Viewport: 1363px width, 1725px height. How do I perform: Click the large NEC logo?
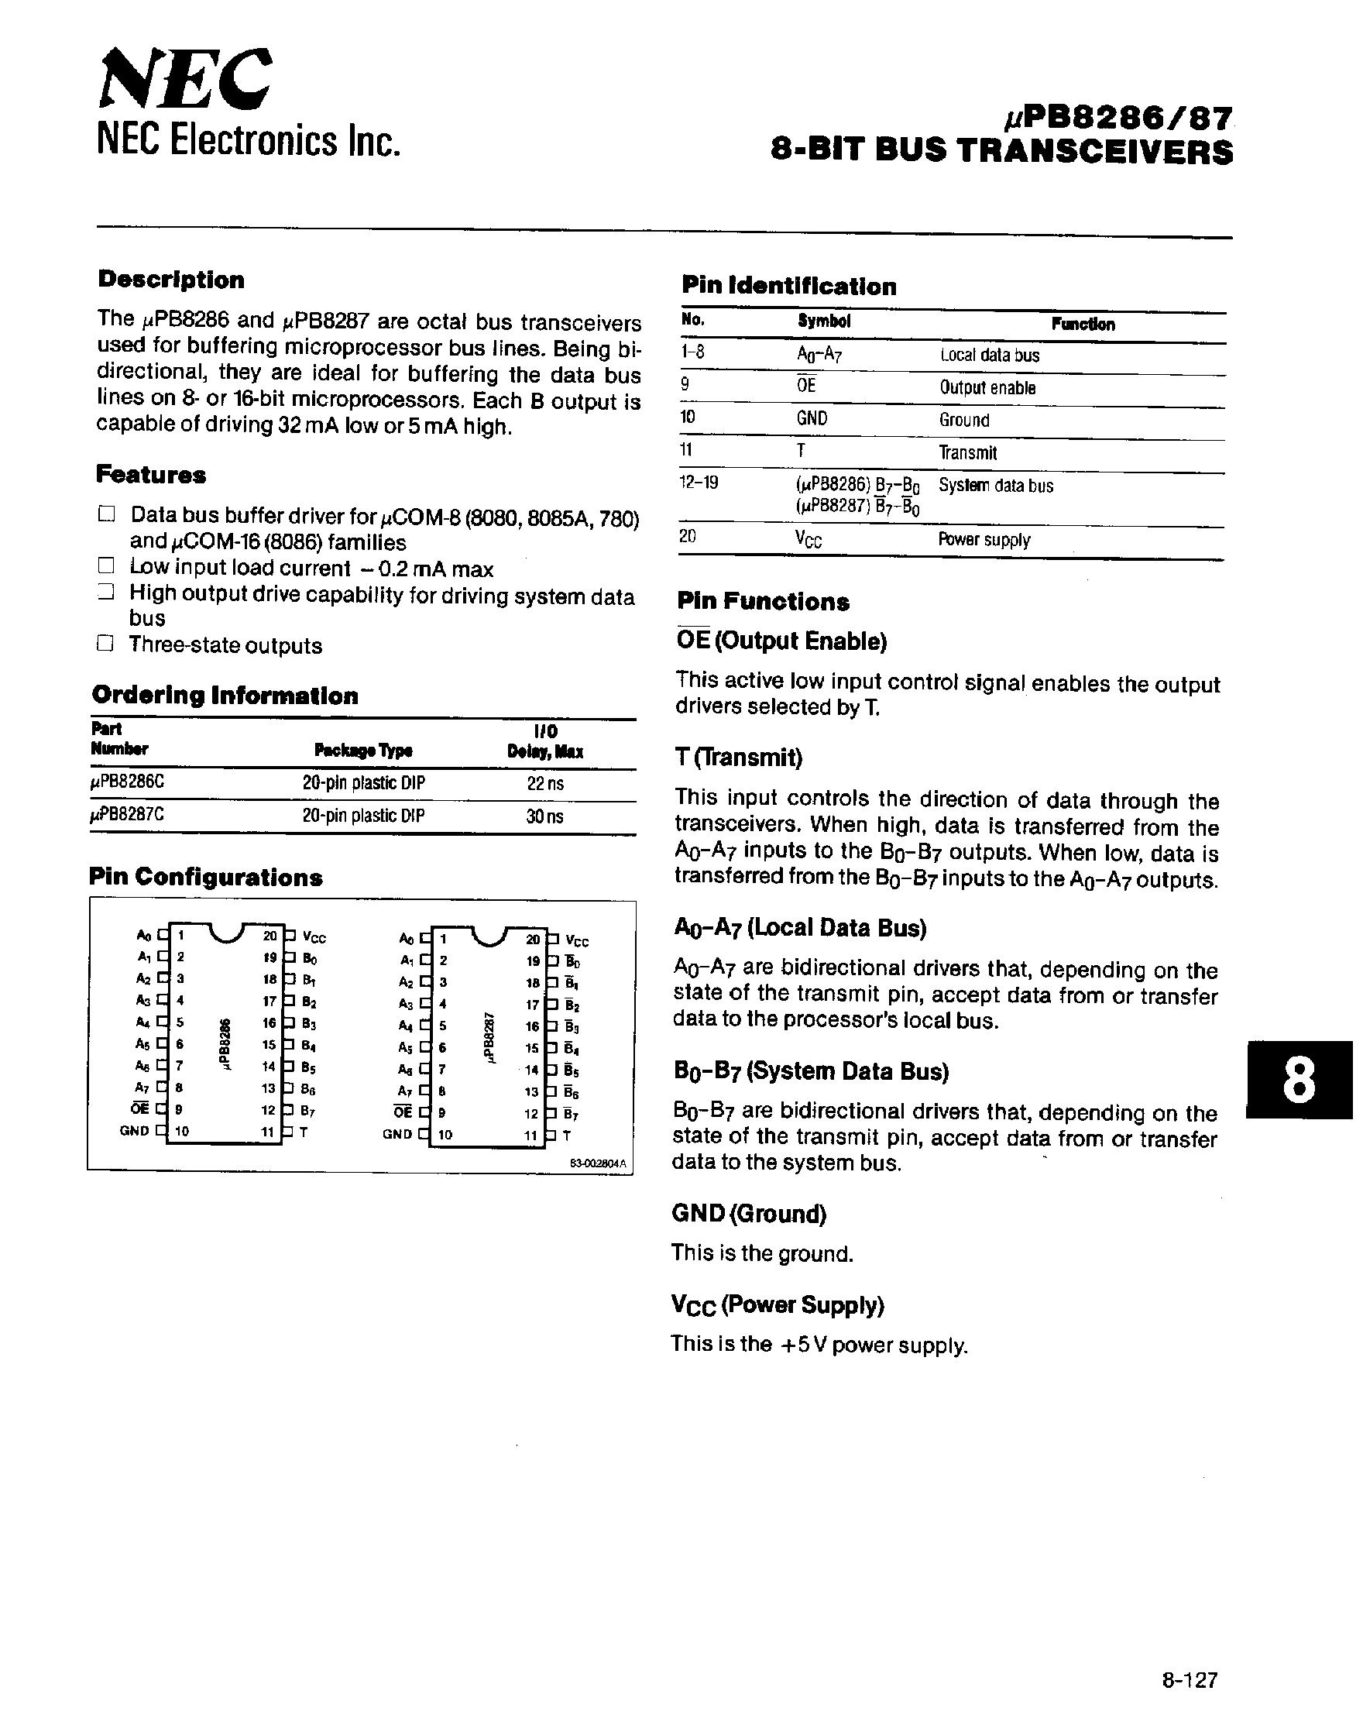185,78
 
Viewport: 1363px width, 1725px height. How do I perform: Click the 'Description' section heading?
171,280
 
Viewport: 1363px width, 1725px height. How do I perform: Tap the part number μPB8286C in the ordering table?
128,783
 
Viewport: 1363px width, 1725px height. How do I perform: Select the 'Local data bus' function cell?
989,356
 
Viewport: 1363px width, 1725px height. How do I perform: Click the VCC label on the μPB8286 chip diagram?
314,938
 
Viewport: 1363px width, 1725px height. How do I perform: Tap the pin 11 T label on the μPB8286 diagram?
304,1132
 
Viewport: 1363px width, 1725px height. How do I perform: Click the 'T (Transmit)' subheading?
738,757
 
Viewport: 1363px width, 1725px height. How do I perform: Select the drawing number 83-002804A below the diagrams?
599,1165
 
